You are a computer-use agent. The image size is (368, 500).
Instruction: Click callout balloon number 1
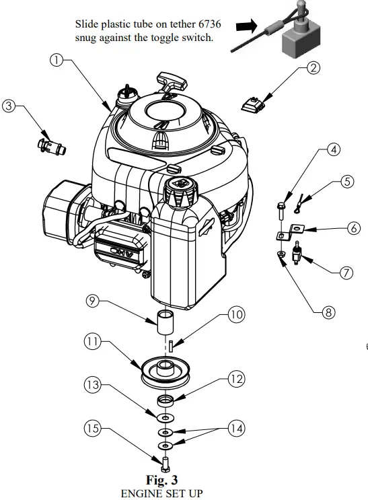click(x=58, y=60)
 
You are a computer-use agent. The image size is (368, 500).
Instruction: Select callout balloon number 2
click(x=313, y=67)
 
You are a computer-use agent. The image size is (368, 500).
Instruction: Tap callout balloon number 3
click(x=9, y=106)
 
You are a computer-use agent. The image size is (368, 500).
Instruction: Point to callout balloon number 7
click(x=346, y=273)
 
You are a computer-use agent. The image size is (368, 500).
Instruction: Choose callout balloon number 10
click(x=217, y=314)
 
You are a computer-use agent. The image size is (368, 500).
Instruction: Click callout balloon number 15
click(x=93, y=428)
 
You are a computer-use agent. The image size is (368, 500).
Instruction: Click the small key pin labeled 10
click(x=172, y=345)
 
